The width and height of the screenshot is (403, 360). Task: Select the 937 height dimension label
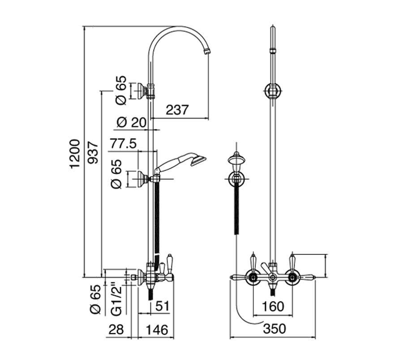(x=93, y=154)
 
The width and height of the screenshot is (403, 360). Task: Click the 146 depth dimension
(x=155, y=330)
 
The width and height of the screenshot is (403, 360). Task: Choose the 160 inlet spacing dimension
(x=273, y=306)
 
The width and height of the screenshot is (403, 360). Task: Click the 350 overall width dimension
(x=274, y=329)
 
